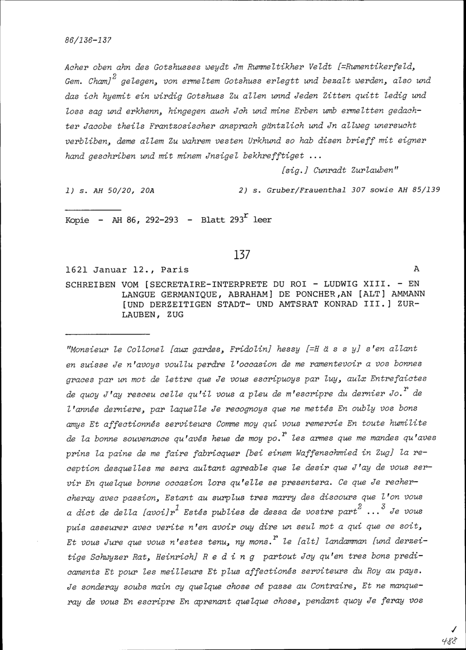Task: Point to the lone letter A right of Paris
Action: pos(416,269)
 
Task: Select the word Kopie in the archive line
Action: pos(77,220)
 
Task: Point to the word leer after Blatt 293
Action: pos(262,220)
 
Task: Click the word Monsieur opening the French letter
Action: pos(91,349)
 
